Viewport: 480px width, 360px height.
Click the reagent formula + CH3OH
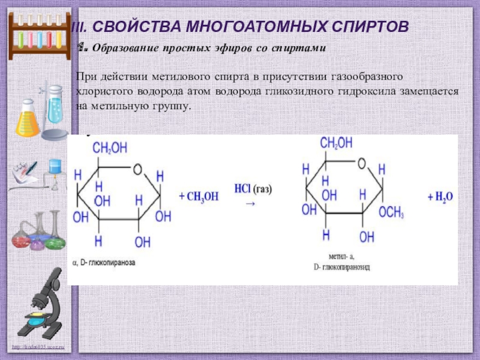[199, 196]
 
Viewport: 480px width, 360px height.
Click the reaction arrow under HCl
[251, 203]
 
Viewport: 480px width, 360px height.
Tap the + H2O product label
[440, 196]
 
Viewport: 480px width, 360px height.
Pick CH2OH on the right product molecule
[337, 143]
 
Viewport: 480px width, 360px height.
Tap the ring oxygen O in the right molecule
[361, 163]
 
